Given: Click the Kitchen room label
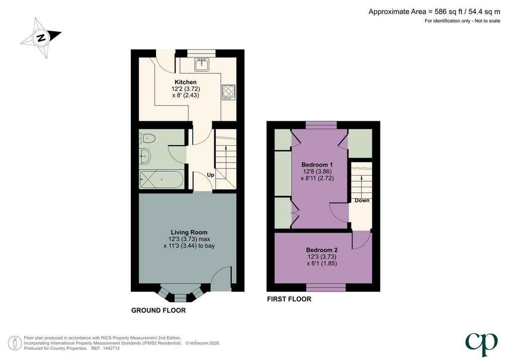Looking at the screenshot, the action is pyautogui.click(x=185, y=82).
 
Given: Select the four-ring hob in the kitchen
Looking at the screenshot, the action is pyautogui.click(x=229, y=92).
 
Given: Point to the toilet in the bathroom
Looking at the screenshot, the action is pyautogui.click(x=147, y=138).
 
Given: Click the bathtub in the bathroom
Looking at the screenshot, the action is pyautogui.click(x=162, y=180).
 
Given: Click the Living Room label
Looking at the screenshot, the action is pyautogui.click(x=189, y=232).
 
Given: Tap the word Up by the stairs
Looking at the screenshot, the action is pyautogui.click(x=211, y=175).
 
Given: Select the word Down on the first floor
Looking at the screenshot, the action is pyautogui.click(x=362, y=200).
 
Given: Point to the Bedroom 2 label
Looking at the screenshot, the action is pyautogui.click(x=322, y=250).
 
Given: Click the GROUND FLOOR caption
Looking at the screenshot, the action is pyautogui.click(x=159, y=310).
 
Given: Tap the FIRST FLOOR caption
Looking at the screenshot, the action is pyautogui.click(x=289, y=299).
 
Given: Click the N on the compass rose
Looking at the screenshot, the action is pyautogui.click(x=41, y=37).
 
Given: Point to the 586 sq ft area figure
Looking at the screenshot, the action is pyautogui.click(x=443, y=12).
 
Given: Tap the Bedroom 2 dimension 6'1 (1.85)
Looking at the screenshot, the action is pyautogui.click(x=322, y=263).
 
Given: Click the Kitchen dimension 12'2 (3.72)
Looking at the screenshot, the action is pyautogui.click(x=186, y=89).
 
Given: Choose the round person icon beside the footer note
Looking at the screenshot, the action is pyautogui.click(x=15, y=343).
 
